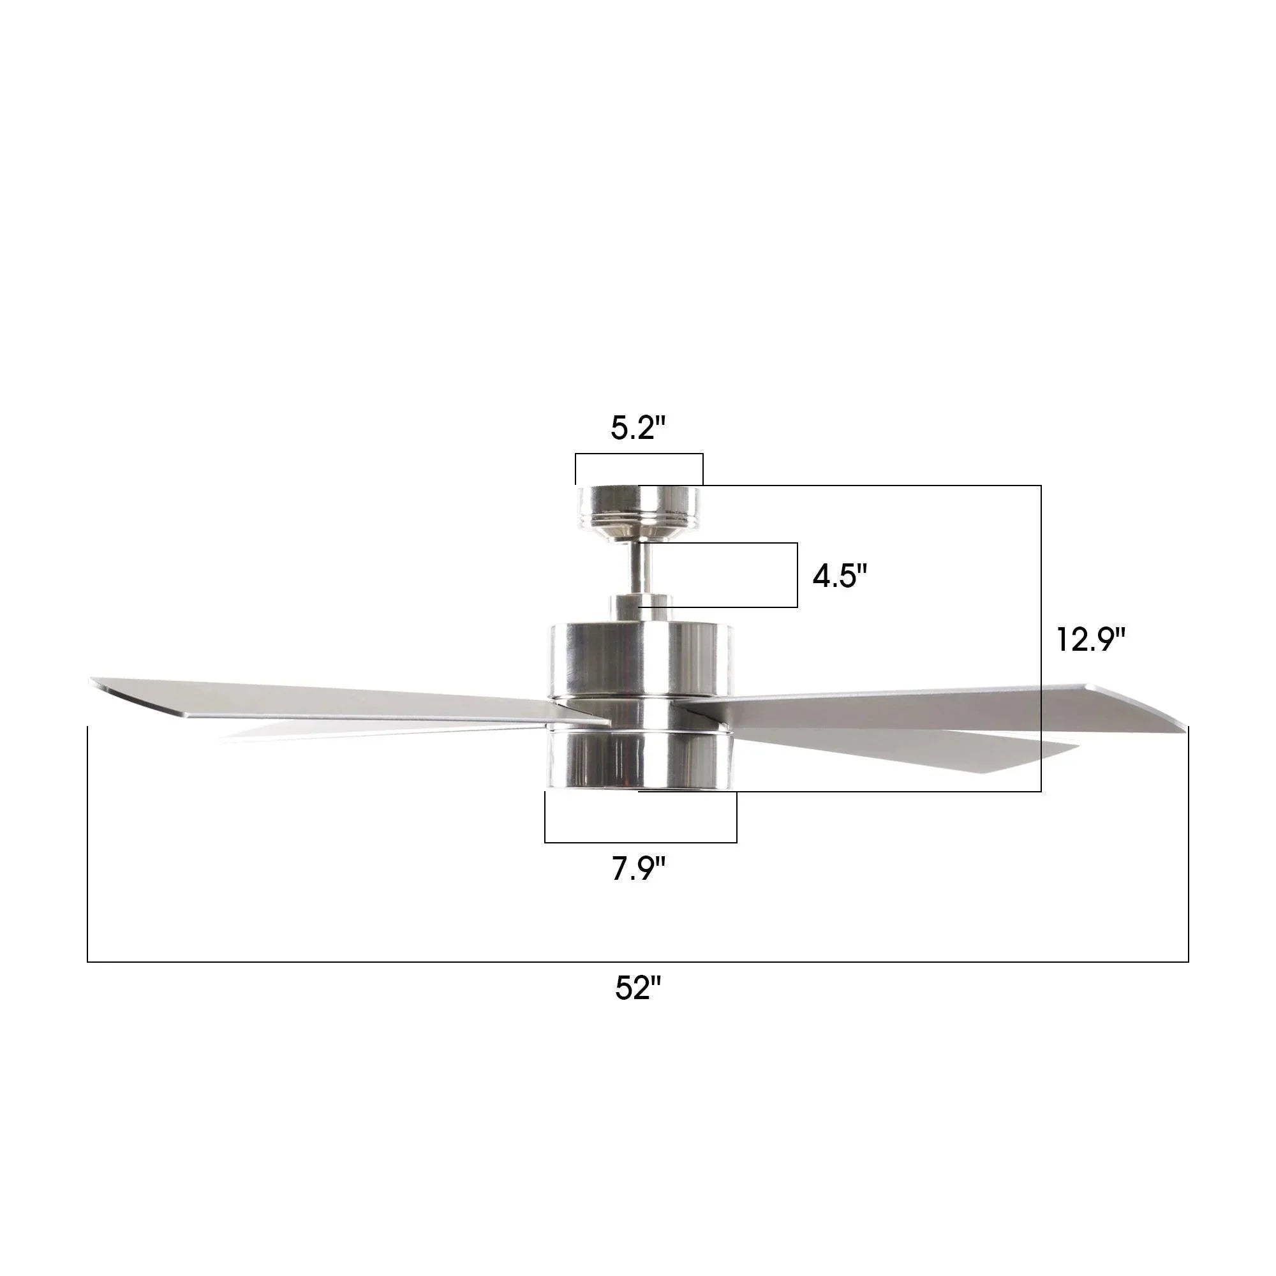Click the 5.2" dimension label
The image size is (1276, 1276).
click(x=637, y=429)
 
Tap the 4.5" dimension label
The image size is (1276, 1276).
click(x=839, y=576)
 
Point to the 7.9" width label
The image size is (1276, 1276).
click(x=638, y=868)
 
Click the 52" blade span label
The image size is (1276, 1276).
click(x=637, y=988)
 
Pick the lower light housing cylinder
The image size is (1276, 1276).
click(x=639, y=759)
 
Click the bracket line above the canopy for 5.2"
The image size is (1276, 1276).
click(x=639, y=454)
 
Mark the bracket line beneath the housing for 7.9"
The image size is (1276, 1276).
click(x=640, y=842)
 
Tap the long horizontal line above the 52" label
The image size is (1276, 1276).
click(x=637, y=961)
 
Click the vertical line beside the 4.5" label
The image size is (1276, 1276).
click(x=797, y=575)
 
